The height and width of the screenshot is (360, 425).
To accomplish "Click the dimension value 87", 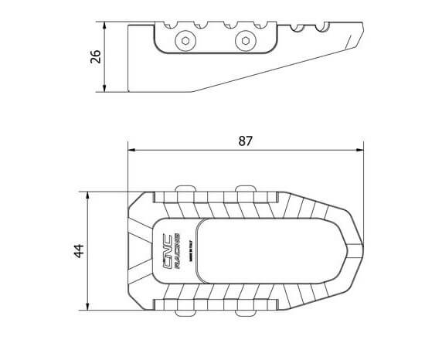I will click(x=246, y=141).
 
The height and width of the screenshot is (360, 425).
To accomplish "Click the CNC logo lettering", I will click(x=165, y=250).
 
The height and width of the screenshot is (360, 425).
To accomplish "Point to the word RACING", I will click(x=176, y=250).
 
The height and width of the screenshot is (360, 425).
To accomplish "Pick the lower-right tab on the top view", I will click(x=244, y=311).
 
